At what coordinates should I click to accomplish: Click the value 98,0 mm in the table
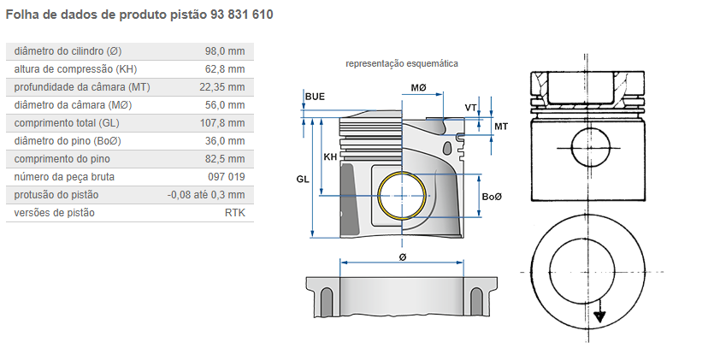pyautogui.click(x=225, y=51)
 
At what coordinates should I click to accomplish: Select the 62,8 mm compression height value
pyautogui.click(x=225, y=69)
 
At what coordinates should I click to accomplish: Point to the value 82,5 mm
pyautogui.click(x=225, y=159)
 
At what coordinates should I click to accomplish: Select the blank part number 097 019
pyautogui.click(x=226, y=177)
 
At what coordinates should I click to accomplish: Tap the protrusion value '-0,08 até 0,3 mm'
pyautogui.click(x=206, y=195)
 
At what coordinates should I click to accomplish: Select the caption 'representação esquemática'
pyautogui.click(x=402, y=63)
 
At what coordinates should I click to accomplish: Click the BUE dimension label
pyautogui.click(x=315, y=97)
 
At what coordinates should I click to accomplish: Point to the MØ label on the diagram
pyautogui.click(x=419, y=89)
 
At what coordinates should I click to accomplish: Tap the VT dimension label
pyautogui.click(x=470, y=108)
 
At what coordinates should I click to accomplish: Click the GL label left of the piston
pyautogui.click(x=303, y=180)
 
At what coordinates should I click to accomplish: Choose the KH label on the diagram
pyautogui.click(x=330, y=157)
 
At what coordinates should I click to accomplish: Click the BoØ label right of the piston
pyautogui.click(x=492, y=198)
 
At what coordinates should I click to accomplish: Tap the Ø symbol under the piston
pyautogui.click(x=402, y=257)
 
